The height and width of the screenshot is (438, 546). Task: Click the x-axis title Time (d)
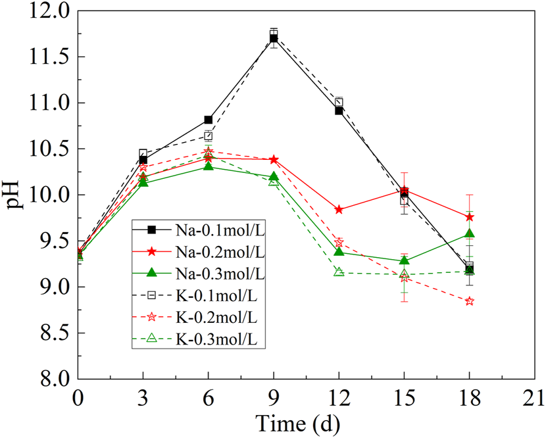tap(299, 421)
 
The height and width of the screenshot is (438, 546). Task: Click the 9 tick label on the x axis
tap(273, 398)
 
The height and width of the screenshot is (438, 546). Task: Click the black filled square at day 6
tap(209, 120)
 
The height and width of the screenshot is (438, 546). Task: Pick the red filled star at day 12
tap(339, 210)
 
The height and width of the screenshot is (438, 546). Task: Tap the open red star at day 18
tap(469, 301)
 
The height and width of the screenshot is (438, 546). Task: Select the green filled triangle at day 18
tap(469, 233)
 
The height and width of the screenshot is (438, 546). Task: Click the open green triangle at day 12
tap(339, 272)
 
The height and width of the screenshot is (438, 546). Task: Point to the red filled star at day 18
tap(469, 217)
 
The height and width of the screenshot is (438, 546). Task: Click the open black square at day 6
tap(209, 135)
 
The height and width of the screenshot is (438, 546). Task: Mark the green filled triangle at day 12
tap(339, 252)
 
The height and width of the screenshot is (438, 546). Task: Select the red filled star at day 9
tap(274, 160)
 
